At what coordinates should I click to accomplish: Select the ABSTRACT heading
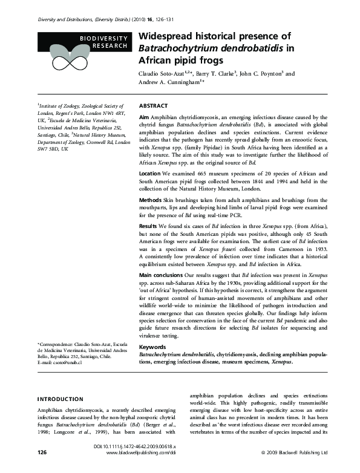[x=153, y=105]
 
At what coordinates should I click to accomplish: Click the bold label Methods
[x=151, y=199]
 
